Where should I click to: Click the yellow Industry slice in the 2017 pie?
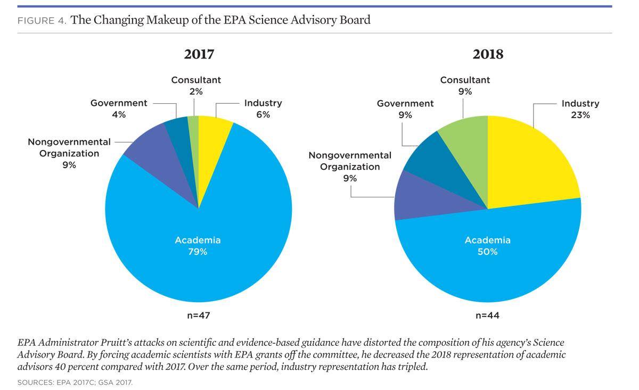point(212,148)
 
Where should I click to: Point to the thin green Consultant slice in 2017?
point(194,143)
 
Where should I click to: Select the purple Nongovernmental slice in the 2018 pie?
point(422,197)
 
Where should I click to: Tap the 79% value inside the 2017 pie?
point(198,252)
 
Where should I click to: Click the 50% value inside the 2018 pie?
point(488,252)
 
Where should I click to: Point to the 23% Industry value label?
point(580,115)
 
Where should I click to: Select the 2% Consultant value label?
point(196,92)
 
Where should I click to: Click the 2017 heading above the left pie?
point(199,54)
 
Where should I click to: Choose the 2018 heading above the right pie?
point(488,54)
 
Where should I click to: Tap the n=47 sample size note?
point(199,316)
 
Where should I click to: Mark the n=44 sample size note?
point(488,316)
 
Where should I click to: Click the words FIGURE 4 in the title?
point(42,21)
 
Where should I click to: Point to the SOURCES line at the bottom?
point(75,382)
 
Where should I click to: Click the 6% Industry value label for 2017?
point(263,114)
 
